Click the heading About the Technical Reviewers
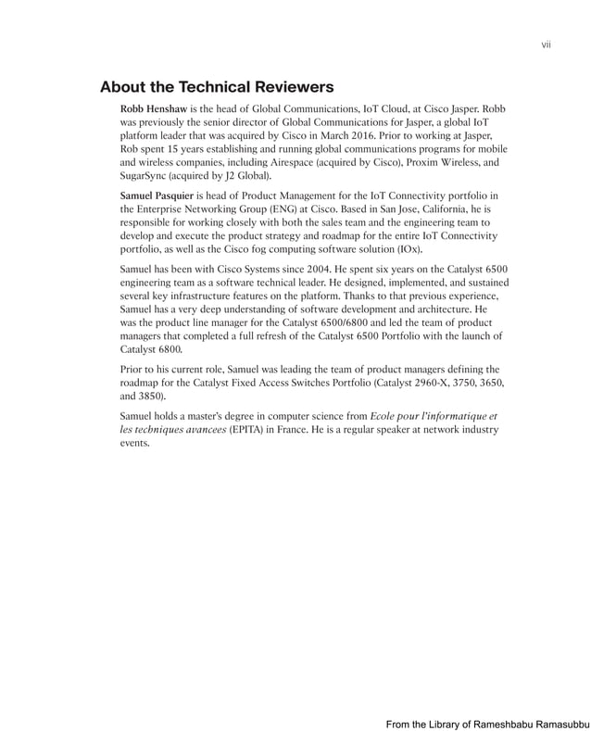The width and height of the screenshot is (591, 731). click(x=216, y=88)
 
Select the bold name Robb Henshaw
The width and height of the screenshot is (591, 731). click(x=154, y=109)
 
